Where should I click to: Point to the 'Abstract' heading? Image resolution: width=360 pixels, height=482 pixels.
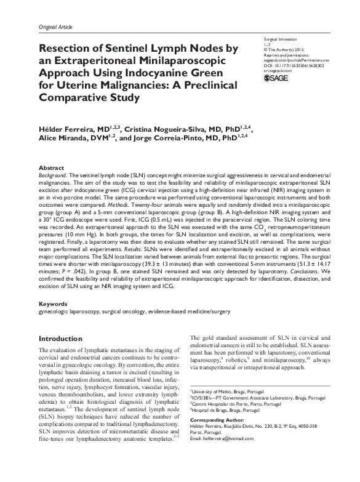click(50, 167)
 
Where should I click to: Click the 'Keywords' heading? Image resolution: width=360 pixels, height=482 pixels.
click(54, 304)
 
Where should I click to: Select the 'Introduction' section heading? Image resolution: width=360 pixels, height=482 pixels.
click(67, 339)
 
